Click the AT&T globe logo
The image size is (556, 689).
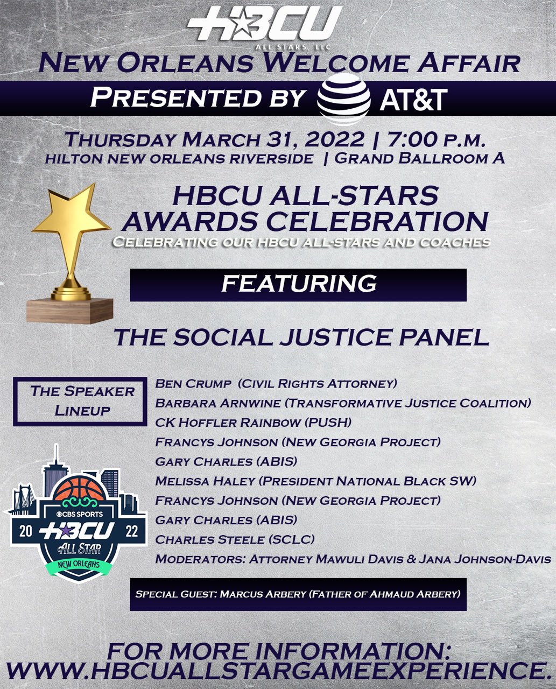point(343,99)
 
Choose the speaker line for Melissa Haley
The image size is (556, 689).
point(315,481)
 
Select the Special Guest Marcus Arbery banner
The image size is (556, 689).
point(298,594)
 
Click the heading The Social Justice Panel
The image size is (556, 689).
point(301,338)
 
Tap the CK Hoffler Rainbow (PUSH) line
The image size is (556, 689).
point(253,423)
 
